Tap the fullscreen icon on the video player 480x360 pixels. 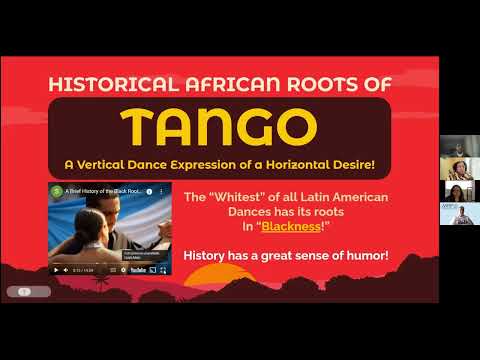(165, 269)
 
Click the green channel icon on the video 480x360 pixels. (57, 190)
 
